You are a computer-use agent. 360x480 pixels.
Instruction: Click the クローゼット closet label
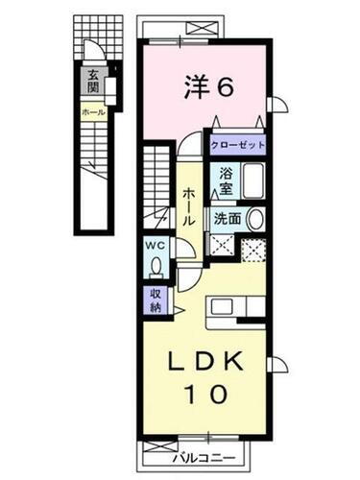click(237, 147)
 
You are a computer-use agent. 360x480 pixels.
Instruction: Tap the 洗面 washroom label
click(227, 218)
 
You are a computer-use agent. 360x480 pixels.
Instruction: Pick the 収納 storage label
click(156, 300)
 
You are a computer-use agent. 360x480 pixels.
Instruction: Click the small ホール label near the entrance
click(94, 112)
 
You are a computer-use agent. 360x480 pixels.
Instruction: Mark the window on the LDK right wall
click(276, 364)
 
